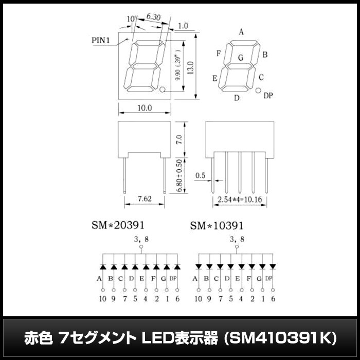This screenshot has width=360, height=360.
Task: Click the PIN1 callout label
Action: [101, 41]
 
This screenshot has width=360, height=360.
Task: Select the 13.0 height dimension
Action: [191, 67]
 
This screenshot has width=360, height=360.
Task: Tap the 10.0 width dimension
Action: [145, 107]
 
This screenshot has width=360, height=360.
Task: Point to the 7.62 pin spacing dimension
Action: [145, 199]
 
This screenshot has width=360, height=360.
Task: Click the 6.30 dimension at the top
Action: [153, 17]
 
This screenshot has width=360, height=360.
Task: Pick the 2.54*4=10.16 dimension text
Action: [240, 200]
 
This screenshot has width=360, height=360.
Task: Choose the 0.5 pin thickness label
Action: [200, 176]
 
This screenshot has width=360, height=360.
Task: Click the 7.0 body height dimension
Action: [179, 139]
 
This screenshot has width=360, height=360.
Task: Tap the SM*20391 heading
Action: [118, 225]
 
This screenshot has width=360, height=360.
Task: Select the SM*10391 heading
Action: [217, 226]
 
